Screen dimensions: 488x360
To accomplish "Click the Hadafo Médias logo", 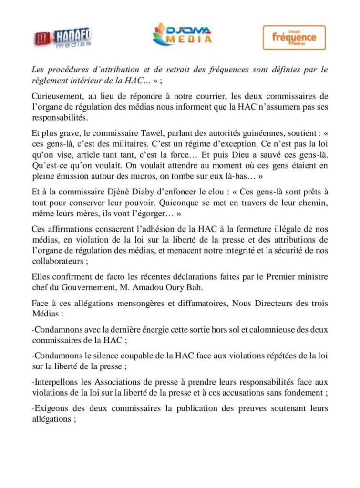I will (x=63, y=37).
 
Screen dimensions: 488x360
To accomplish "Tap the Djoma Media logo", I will (x=182, y=35).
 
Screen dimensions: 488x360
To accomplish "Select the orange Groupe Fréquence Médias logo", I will (x=294, y=37).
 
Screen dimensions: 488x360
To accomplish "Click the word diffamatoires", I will (x=180, y=304).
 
